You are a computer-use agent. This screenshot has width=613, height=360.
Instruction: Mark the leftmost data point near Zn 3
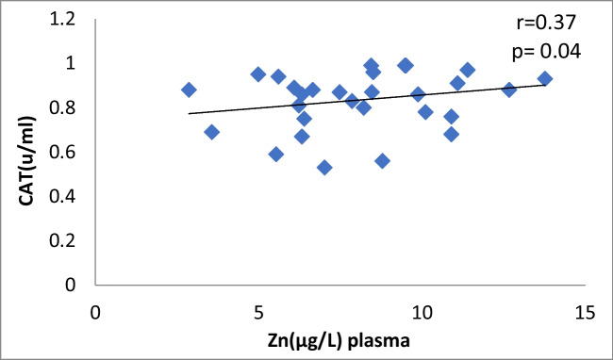189,90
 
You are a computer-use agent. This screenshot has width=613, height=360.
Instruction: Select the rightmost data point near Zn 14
544,79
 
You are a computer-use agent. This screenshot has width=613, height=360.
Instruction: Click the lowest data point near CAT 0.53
324,167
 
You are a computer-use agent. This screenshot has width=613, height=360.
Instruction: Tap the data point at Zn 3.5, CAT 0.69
211,132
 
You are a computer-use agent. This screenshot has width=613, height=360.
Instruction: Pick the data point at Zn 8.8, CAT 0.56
382,160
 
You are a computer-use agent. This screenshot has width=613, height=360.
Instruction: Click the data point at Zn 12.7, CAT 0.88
509,90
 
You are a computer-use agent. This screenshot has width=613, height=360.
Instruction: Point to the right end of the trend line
545,85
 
